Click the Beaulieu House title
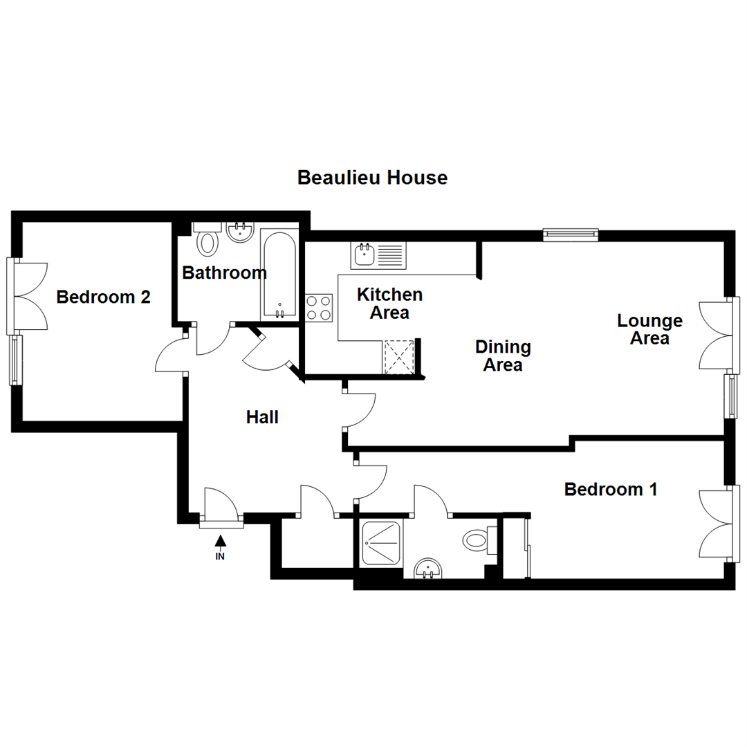pos(372,178)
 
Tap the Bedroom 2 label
pos(104,297)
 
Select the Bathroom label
pos(224,273)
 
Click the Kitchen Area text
pos(389,304)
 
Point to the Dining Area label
pos(503,356)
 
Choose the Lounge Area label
pos(649,329)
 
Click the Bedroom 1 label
pos(610,490)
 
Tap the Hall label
pos(262,417)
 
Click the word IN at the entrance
pos(221,555)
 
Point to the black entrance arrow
pos(221,541)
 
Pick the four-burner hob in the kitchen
pos(319,308)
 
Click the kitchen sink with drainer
pos(379,255)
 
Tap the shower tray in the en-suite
pos(380,542)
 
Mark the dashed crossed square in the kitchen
pos(399,356)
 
